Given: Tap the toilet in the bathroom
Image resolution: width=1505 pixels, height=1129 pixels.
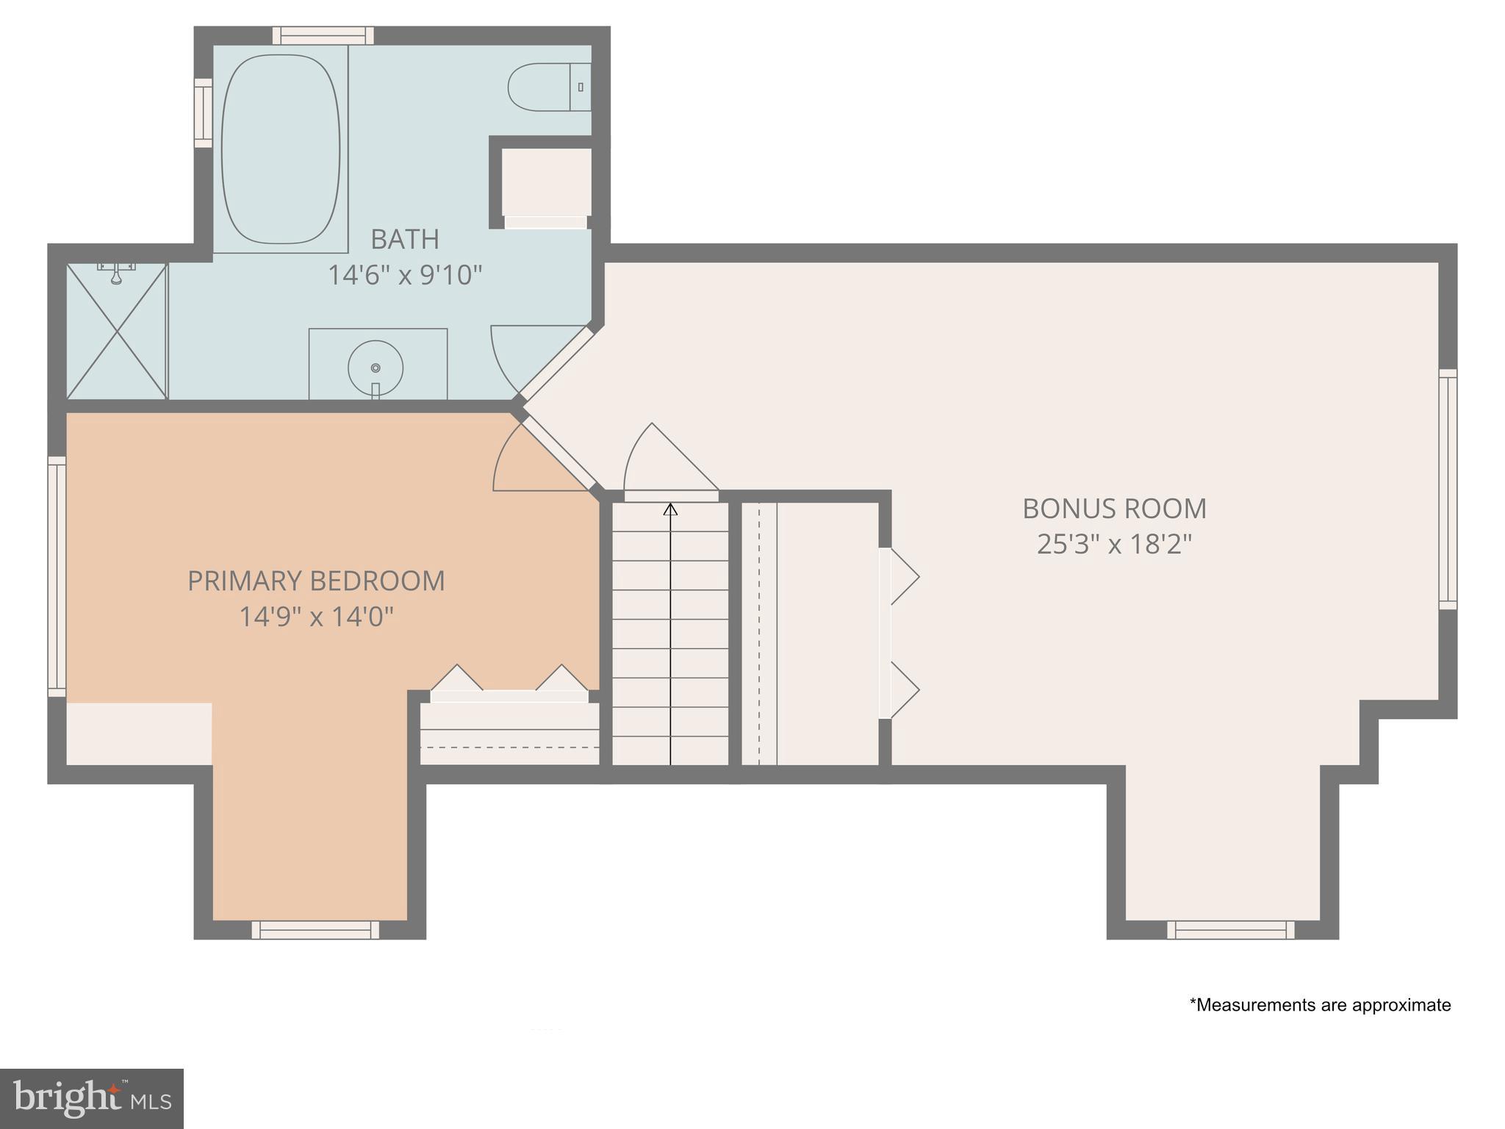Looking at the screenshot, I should (x=547, y=87).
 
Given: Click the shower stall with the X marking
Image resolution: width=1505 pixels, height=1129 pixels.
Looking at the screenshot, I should (x=117, y=331).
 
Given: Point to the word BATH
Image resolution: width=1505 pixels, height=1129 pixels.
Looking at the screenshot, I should (x=405, y=240).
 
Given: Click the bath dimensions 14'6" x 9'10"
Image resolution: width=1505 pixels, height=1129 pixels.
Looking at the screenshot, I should (x=405, y=276).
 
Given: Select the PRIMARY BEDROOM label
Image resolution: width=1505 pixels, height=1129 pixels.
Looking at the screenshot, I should (x=316, y=581).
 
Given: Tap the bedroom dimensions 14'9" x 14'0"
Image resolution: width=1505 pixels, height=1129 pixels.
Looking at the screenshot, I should (x=316, y=617).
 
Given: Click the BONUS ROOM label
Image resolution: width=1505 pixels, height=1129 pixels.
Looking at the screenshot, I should (x=1114, y=509).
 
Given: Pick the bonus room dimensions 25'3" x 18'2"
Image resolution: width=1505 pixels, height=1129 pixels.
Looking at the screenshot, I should (x=1114, y=545).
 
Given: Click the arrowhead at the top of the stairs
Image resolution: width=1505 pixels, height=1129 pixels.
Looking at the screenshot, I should (x=670, y=509).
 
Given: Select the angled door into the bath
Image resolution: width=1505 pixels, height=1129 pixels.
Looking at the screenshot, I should (x=556, y=363).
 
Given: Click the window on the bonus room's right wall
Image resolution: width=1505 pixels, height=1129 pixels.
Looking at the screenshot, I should (x=1447, y=490).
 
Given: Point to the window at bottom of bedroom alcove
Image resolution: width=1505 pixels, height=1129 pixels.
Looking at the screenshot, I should (x=316, y=930).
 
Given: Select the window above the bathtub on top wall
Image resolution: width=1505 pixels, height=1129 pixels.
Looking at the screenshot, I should (x=323, y=35).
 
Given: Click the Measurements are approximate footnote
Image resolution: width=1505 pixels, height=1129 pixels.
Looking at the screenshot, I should (x=1320, y=1005).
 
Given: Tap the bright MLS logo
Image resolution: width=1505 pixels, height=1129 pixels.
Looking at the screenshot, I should (x=92, y=1098).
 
